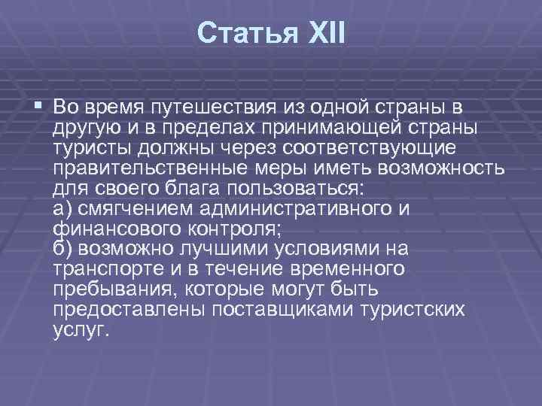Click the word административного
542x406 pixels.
308,208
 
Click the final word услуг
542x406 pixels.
81,332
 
